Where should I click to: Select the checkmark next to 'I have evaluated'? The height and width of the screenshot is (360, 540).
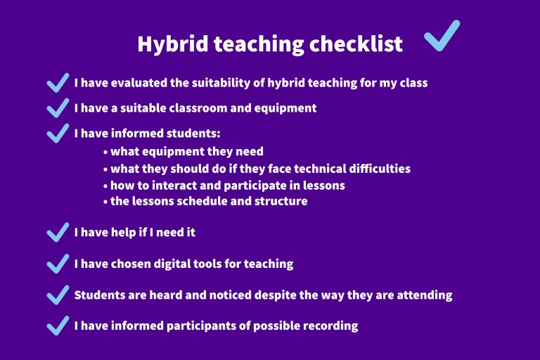pyautogui.click(x=58, y=83)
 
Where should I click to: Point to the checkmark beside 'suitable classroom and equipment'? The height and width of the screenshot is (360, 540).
pyautogui.click(x=58, y=108)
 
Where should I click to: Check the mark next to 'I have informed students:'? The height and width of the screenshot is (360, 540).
pyautogui.click(x=58, y=134)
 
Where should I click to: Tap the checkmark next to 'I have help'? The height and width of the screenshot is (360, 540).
pyautogui.click(x=58, y=233)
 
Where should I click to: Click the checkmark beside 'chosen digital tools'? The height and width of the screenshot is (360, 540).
pyautogui.click(x=58, y=264)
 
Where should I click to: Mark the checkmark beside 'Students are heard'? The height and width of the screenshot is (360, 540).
pyautogui.click(x=58, y=295)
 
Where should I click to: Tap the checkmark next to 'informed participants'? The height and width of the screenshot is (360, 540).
pyautogui.click(x=58, y=326)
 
